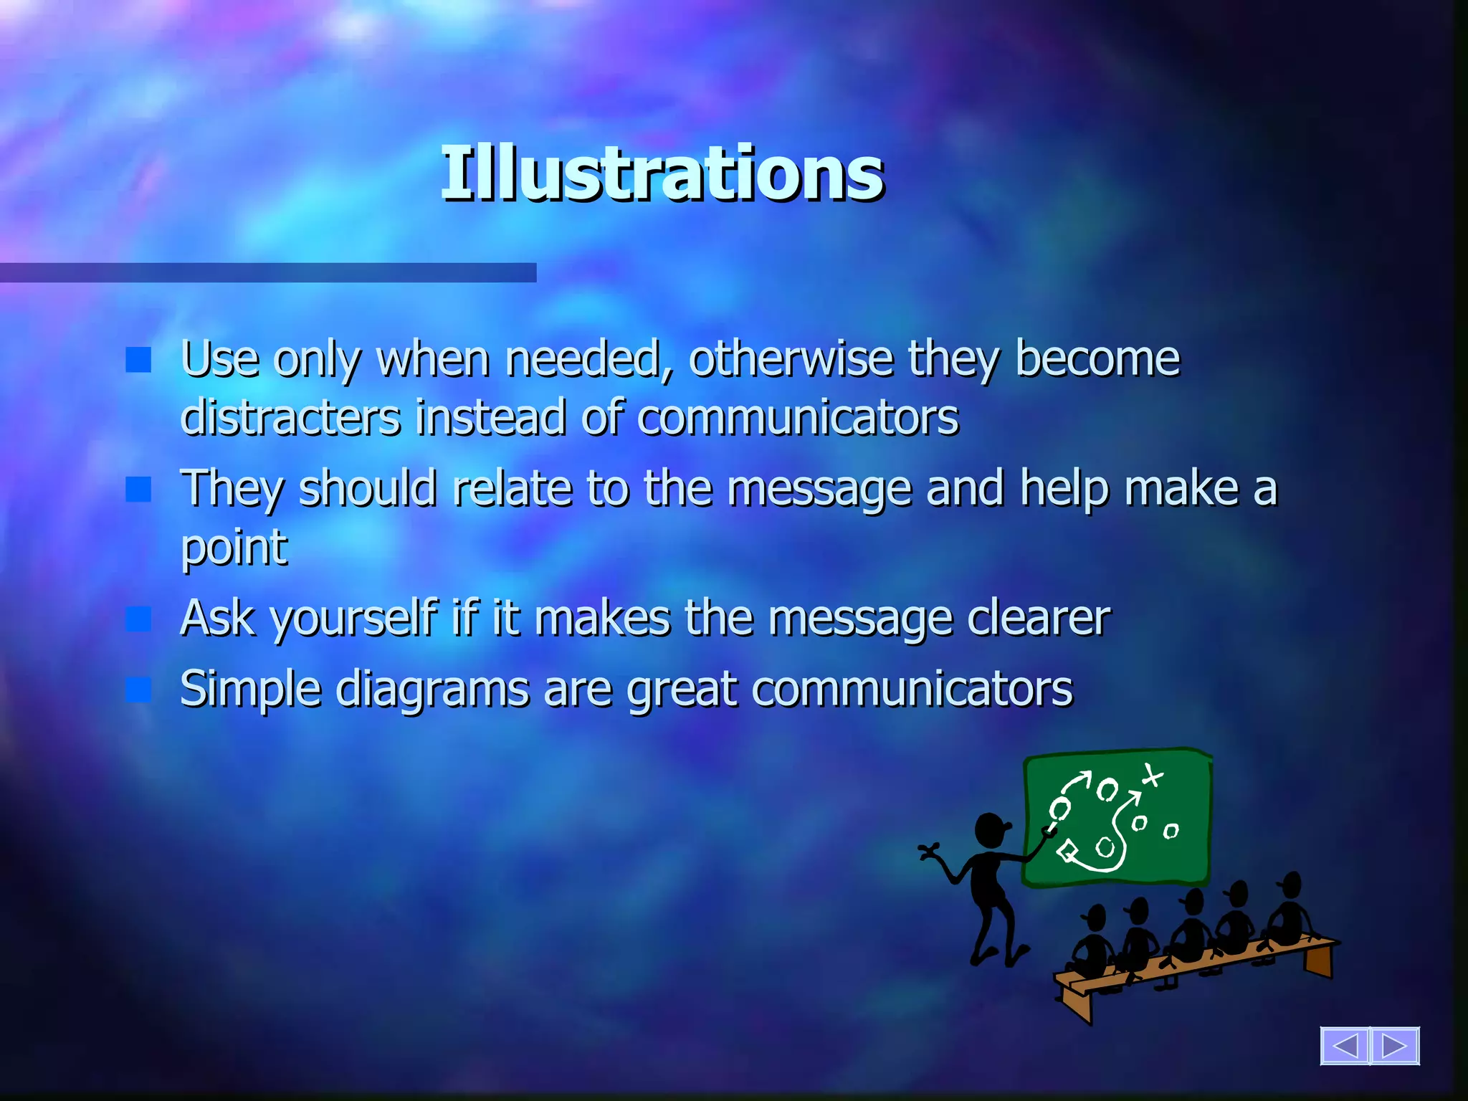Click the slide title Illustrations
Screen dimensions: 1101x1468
(x=662, y=173)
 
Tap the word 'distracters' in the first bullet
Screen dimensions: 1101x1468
(x=290, y=417)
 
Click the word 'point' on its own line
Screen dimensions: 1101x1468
(x=234, y=548)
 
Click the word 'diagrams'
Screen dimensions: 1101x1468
(x=433, y=690)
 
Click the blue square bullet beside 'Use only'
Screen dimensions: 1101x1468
(x=138, y=360)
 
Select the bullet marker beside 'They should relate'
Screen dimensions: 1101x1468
(x=138, y=490)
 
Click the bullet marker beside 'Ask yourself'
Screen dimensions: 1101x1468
(x=138, y=619)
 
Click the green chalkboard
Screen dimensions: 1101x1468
(x=1118, y=817)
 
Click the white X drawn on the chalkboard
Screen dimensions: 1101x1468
(x=1152, y=775)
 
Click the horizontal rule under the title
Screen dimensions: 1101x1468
(x=268, y=272)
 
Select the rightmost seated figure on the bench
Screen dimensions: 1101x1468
(x=1289, y=910)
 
